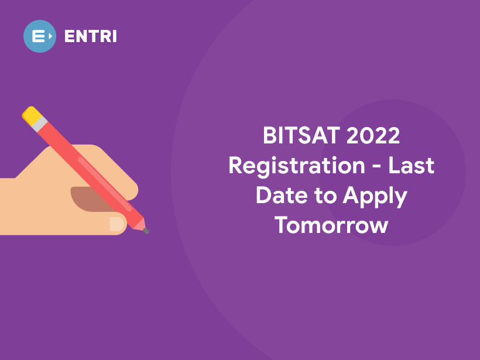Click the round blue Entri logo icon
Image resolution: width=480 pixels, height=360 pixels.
[39, 36]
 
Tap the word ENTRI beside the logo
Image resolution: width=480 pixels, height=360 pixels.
[91, 36]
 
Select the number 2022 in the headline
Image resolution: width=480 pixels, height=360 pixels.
[373, 136]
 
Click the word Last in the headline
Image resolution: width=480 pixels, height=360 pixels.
[412, 166]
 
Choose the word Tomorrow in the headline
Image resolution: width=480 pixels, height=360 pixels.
[331, 225]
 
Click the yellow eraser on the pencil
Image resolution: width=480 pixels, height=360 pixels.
[30, 113]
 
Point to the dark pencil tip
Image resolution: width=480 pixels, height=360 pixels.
[146, 231]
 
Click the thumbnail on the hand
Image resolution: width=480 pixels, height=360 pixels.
[117, 224]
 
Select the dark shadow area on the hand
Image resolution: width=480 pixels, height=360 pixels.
[94, 198]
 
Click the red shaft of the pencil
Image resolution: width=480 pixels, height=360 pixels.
[88, 170]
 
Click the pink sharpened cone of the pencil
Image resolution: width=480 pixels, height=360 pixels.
[139, 224]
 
